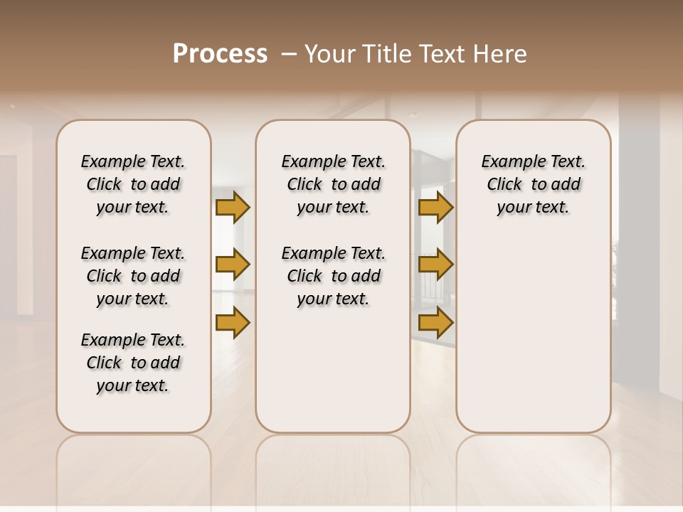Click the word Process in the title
pyautogui.click(x=220, y=53)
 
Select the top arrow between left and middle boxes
pyautogui.click(x=233, y=207)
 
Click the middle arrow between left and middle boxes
pyautogui.click(x=233, y=265)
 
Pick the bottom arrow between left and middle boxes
pyautogui.click(x=233, y=322)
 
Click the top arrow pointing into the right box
pyautogui.click(x=435, y=207)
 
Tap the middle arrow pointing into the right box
pyautogui.click(x=435, y=265)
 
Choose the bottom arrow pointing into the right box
pyautogui.click(x=435, y=322)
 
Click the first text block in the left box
pyautogui.click(x=133, y=184)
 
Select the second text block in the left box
pyautogui.click(x=133, y=276)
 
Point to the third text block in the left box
pyautogui.click(x=133, y=363)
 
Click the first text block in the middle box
pyautogui.click(x=333, y=184)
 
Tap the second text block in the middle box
pyautogui.click(x=333, y=276)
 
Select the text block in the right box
pyautogui.click(x=533, y=184)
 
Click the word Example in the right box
pyautogui.click(x=509, y=162)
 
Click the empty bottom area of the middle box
pyautogui.click(x=333, y=377)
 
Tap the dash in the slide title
pyautogui.click(x=288, y=54)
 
